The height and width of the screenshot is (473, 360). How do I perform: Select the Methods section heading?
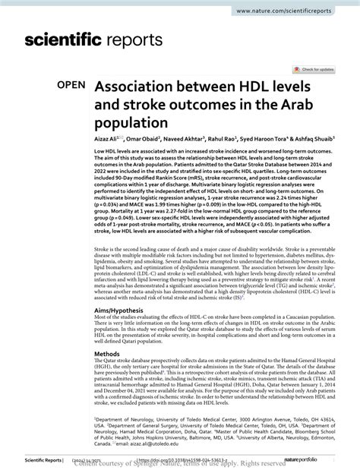[107, 353]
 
